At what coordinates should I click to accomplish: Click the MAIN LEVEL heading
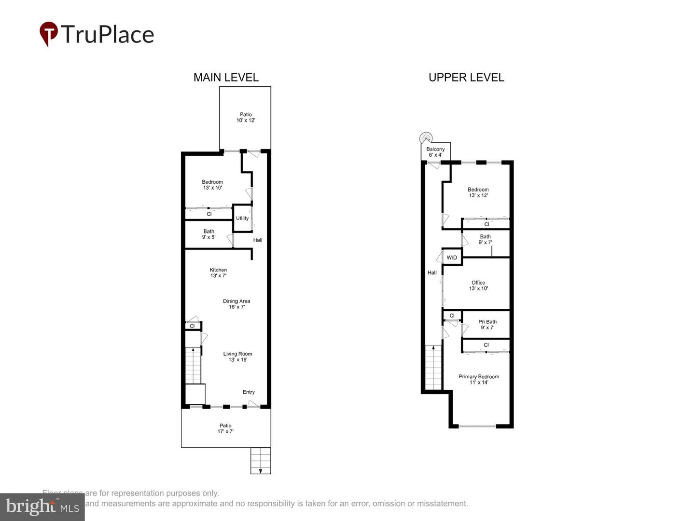pos(226,77)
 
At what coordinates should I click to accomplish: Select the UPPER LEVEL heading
pos(466,77)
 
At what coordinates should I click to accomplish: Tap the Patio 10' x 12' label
pos(246,117)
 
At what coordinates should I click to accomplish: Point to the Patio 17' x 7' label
pos(225,428)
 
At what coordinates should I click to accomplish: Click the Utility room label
pos(242,218)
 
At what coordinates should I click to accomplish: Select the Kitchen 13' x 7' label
pos(218,273)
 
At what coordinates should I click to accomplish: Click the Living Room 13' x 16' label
pos(237,356)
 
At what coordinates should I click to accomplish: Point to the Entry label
pos(249,392)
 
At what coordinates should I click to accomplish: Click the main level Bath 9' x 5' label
pos(208,234)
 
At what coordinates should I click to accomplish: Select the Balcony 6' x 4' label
pos(435,152)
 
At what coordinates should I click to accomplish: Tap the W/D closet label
pos(452,258)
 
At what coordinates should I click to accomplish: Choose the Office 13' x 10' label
pos(478,285)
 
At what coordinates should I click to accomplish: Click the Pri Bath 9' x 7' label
pos(487,324)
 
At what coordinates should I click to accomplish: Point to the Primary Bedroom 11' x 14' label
pos(479,379)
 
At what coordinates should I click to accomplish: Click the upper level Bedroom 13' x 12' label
pos(478,192)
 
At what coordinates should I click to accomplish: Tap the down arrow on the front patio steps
pos(261,470)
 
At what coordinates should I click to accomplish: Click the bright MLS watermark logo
pos(42,507)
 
